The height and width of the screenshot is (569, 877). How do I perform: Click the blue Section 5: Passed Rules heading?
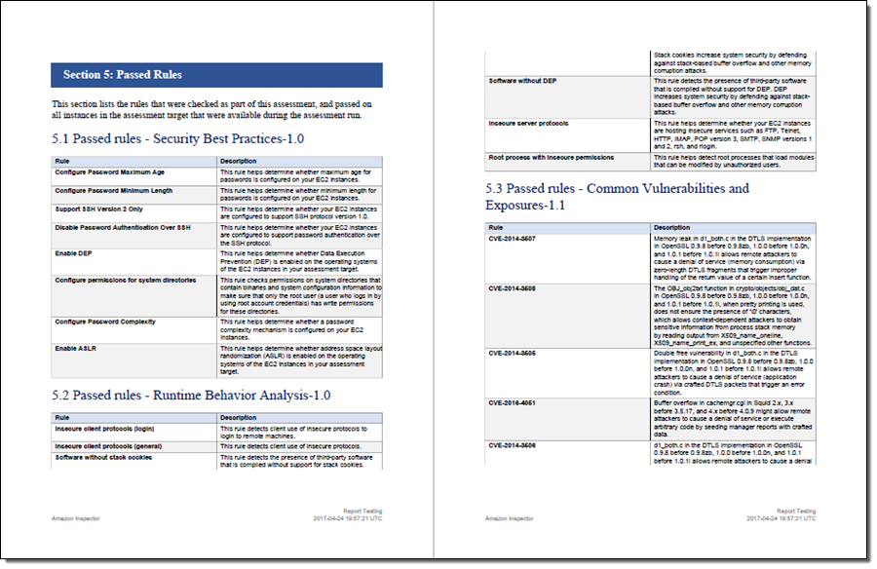pyautogui.click(x=123, y=75)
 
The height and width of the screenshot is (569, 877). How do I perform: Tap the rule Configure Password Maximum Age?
pyautogui.click(x=109, y=171)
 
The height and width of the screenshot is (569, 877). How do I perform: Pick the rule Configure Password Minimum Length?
pyautogui.click(x=113, y=191)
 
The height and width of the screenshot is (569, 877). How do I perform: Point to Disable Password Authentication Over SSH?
pyautogui.click(x=122, y=227)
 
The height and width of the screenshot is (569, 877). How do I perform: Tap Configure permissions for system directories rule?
pyautogui.click(x=125, y=280)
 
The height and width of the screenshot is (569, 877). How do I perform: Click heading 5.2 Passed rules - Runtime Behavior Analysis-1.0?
pyautogui.click(x=191, y=396)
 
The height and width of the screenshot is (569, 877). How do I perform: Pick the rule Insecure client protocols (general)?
pyautogui.click(x=107, y=446)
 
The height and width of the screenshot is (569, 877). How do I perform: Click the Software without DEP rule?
pyautogui.click(x=522, y=80)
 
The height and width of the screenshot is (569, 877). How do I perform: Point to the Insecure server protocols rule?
pyautogui.click(x=528, y=124)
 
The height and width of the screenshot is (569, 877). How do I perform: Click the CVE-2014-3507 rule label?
pyautogui.click(x=512, y=238)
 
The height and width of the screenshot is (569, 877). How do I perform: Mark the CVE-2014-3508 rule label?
pyautogui.click(x=512, y=289)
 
